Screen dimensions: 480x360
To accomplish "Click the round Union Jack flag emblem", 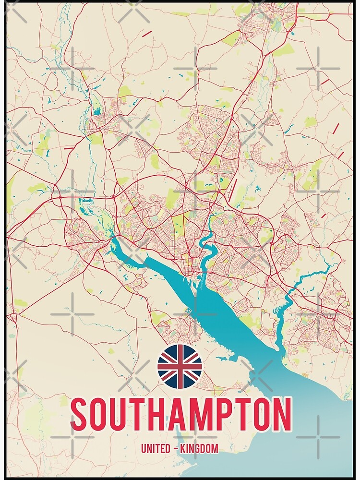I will [x=180, y=366].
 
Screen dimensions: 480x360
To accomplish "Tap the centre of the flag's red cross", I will [x=180, y=366].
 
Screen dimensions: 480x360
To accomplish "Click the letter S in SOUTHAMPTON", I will [x=81, y=414].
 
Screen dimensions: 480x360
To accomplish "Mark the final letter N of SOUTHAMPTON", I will [x=281, y=414].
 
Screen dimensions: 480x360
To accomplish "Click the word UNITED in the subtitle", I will [x=156, y=449].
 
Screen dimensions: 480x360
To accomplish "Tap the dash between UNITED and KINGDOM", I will [x=176, y=449].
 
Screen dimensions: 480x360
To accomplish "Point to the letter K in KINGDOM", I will [x=182, y=449].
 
